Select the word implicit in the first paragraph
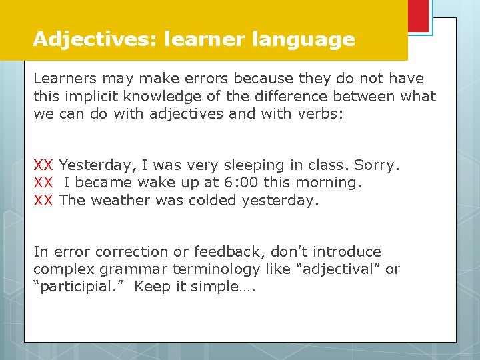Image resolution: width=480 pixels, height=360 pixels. tap(86, 96)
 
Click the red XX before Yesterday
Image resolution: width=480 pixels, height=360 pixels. tap(43, 165)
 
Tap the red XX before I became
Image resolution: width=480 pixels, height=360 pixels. tap(43, 183)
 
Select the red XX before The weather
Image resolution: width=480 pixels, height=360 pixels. tap(43, 200)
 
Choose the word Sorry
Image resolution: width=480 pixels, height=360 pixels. tap(377, 165)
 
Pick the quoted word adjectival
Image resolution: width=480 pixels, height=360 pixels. tap(339, 269)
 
